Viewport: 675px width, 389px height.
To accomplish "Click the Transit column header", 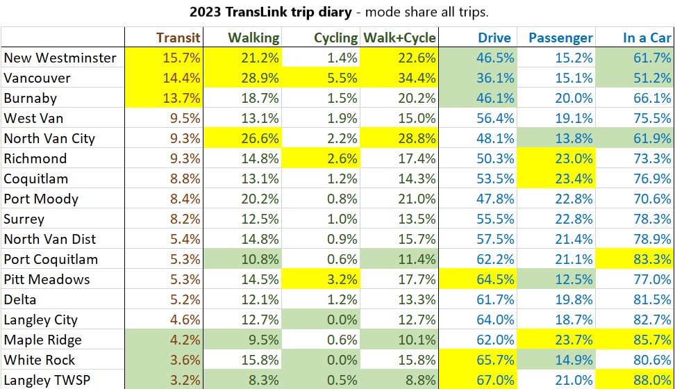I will point(178,38).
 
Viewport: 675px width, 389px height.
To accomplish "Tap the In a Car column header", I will point(647,38).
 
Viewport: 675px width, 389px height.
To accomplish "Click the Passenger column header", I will point(560,38).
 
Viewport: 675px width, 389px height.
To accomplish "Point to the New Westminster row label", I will point(60,58).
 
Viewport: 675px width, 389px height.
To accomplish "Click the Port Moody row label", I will point(41,199).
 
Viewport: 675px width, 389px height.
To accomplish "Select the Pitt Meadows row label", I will point(47,279).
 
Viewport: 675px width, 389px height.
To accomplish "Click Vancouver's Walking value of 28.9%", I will point(258,78).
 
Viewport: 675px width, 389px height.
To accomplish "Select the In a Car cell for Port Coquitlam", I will point(652,259).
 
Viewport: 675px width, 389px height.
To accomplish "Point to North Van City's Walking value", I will point(258,138).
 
